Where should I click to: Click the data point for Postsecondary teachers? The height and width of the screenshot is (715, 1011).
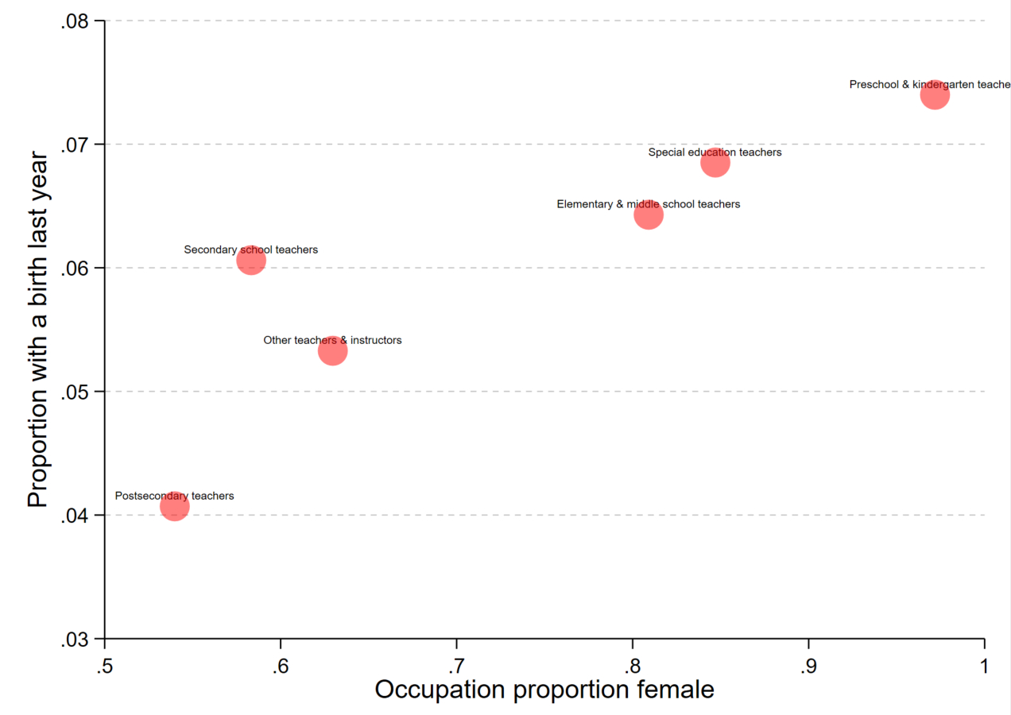[x=174, y=506]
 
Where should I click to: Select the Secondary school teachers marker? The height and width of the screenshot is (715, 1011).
[x=250, y=260]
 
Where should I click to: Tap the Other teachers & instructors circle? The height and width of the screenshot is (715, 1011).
[x=333, y=350]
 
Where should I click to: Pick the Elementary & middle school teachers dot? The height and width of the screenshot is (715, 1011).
[x=649, y=214]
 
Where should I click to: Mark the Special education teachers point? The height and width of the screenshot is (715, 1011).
[x=715, y=163]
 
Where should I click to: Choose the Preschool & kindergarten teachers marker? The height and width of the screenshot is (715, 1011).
[x=935, y=95]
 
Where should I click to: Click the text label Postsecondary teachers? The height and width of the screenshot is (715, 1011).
[x=174, y=496]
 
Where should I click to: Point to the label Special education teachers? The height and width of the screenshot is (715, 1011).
[x=715, y=152]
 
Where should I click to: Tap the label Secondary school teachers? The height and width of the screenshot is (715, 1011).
[x=250, y=249]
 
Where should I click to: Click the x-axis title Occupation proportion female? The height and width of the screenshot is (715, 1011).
[x=544, y=690]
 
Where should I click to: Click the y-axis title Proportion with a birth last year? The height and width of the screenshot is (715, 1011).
[x=37, y=330]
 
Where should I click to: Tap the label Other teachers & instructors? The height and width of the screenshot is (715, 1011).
[x=332, y=340]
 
